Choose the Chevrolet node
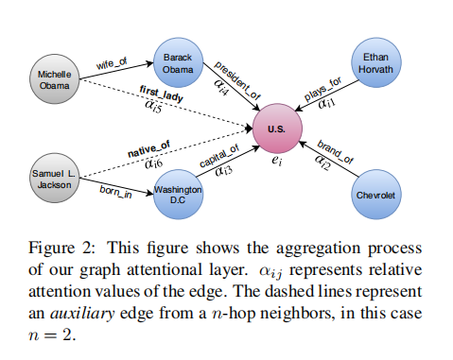375,196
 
